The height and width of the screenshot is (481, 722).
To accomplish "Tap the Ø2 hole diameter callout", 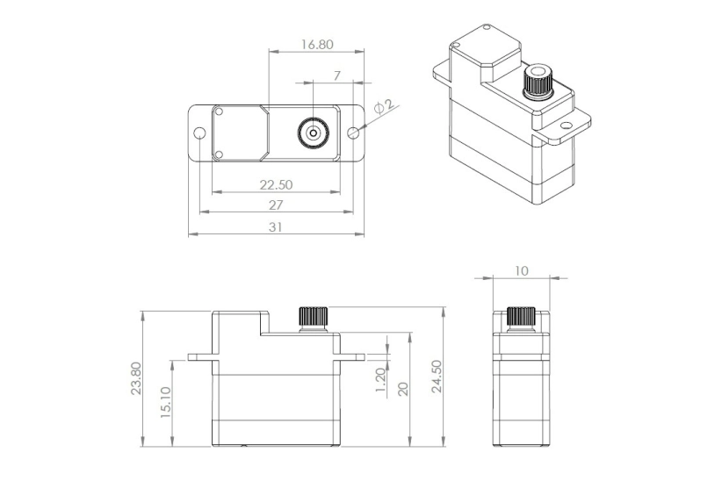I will [x=383, y=106].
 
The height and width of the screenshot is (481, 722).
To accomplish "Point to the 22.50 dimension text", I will [x=276, y=184].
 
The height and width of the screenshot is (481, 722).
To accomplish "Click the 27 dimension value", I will [x=275, y=205].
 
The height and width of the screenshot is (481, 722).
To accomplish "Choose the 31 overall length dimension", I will [x=276, y=226].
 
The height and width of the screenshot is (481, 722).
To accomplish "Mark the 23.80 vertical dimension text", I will [x=135, y=378].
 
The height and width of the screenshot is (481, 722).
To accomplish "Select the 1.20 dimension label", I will [x=380, y=381].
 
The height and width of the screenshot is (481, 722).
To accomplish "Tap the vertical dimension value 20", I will [x=404, y=389].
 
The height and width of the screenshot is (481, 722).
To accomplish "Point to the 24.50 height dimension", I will [x=437, y=377].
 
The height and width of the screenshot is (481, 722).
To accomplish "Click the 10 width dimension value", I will [x=522, y=271].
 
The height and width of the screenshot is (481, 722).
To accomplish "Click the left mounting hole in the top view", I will [x=199, y=133].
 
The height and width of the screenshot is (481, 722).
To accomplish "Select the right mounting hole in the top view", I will [x=353, y=133].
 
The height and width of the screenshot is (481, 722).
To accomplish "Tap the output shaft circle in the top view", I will [x=313, y=133].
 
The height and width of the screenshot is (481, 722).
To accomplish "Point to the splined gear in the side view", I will [x=522, y=318].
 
